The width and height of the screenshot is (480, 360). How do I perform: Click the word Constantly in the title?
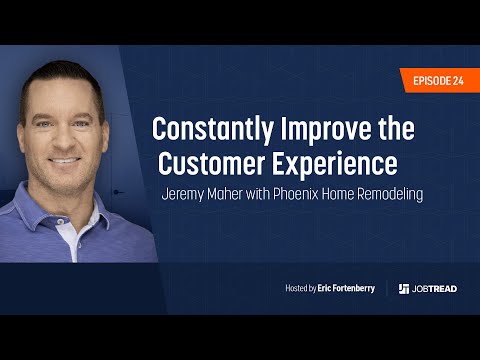(x=208, y=129)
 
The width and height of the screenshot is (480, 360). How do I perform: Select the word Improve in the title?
(x=318, y=129)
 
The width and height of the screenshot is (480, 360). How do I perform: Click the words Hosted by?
(x=300, y=288)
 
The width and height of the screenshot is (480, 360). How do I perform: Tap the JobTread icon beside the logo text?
(x=404, y=288)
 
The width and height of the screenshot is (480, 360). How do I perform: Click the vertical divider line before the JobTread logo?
(x=388, y=288)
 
